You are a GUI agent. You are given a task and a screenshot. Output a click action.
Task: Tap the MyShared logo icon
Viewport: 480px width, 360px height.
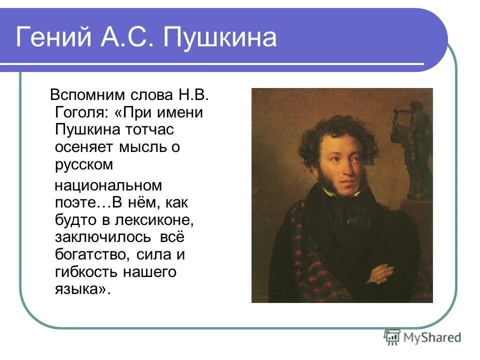click(392, 337)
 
